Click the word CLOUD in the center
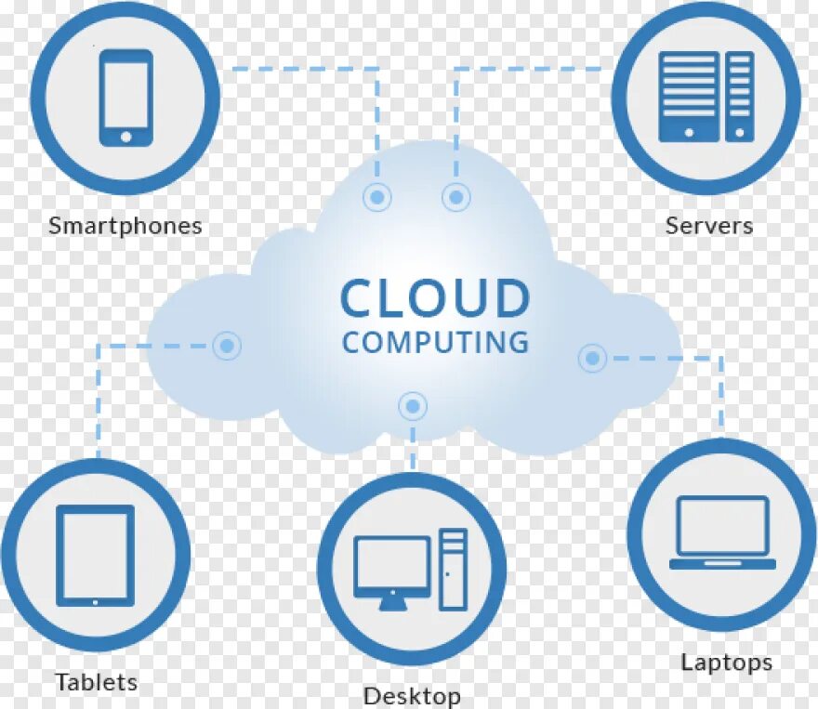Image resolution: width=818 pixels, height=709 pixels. point(434,299)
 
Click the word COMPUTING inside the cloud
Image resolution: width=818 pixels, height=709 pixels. point(434,342)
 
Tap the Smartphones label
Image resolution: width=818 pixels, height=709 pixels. point(125,226)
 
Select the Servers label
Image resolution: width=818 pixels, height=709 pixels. point(708,225)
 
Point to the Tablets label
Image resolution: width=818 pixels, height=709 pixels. point(96,682)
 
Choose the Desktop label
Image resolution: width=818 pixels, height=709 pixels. point(412,695)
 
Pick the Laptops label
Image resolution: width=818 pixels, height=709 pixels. point(726,663)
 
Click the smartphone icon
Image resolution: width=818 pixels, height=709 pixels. point(125,97)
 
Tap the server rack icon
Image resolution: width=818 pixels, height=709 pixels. point(706,97)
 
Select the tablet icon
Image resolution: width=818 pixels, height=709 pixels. point(95,556)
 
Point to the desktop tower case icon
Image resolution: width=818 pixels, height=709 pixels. point(454,569)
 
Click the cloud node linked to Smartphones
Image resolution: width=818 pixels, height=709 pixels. point(377,197)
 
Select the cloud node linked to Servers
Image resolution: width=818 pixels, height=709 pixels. point(455,197)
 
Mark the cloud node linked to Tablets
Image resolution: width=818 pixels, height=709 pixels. point(226,347)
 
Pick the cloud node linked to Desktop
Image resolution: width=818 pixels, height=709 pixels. point(412,405)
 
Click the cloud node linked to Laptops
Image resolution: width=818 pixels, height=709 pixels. point(592,358)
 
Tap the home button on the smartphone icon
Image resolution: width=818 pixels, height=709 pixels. point(125,136)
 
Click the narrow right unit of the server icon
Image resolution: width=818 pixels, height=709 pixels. point(739,97)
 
